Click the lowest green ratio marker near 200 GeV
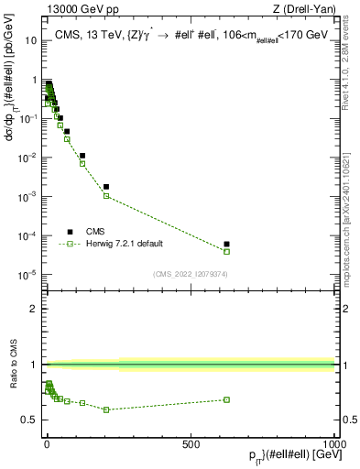[106, 409]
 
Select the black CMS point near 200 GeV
[106, 187]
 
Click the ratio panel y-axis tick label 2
[34, 309]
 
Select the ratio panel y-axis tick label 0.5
[30, 420]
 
